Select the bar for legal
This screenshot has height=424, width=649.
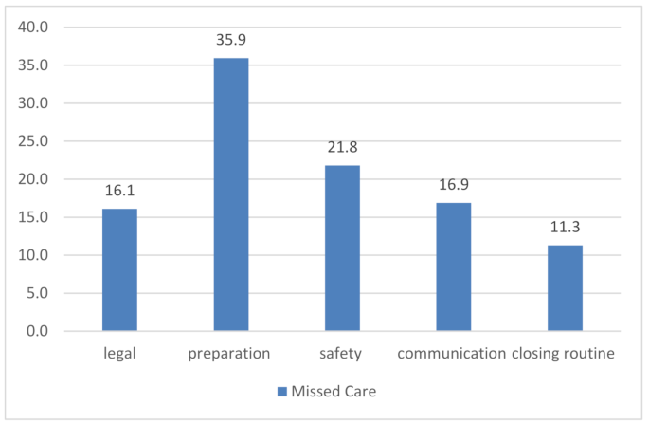[119, 270]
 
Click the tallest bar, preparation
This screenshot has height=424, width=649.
[231, 194]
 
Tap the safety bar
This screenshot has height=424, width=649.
[342, 249]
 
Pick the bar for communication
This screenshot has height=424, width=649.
[453, 267]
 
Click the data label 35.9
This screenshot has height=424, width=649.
[231, 42]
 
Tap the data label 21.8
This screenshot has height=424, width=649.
[342, 149]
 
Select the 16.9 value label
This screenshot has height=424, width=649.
[453, 186]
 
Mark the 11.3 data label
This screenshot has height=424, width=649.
[565, 229]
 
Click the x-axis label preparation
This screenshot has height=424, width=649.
[231, 354]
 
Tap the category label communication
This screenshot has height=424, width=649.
[452, 354]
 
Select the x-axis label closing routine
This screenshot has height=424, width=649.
[565, 354]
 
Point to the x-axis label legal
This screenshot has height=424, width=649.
[119, 354]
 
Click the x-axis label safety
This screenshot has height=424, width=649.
[342, 354]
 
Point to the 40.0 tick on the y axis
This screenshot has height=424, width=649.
[34, 28]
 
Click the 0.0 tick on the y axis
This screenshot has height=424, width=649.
[38, 331]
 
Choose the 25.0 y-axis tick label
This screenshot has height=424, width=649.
[34, 141]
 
